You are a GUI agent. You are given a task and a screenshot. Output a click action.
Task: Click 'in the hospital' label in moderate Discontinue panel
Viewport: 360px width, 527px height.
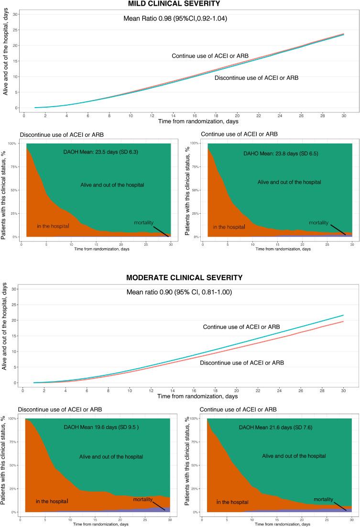click(x=53, y=501)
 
